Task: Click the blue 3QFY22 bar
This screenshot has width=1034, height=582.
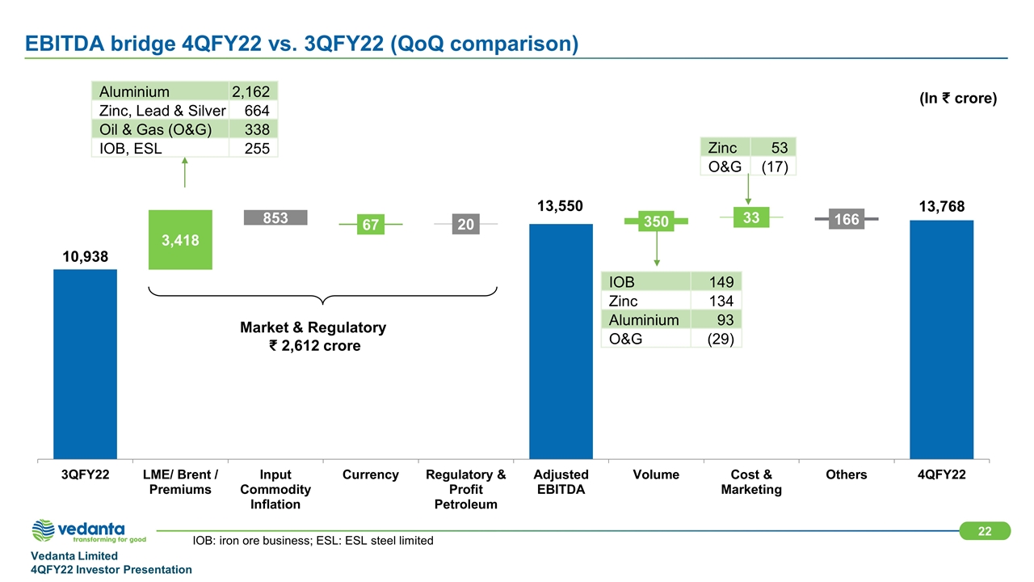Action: point(85,364)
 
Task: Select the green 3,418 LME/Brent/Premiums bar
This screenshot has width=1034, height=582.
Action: point(180,239)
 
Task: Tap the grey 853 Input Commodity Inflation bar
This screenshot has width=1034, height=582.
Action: point(275,217)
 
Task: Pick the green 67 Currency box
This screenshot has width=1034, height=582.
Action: point(371,224)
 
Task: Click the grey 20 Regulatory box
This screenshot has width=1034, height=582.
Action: point(465,224)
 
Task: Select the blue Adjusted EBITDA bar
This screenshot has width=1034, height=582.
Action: point(561,340)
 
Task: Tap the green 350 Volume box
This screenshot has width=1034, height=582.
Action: point(656,221)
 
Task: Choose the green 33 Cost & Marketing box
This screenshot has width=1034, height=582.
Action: point(751,217)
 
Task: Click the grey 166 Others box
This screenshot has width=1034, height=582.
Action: point(847,218)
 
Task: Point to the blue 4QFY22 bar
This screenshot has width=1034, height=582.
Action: point(941,339)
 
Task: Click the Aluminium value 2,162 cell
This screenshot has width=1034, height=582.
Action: point(251,91)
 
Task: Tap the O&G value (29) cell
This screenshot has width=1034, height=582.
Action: point(717,339)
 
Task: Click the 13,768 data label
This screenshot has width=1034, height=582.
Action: point(941,207)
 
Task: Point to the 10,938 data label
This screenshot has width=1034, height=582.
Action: point(85,256)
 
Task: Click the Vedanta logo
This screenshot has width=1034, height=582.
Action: point(89,531)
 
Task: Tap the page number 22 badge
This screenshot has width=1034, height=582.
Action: point(985,530)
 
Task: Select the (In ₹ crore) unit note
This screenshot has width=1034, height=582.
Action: point(957,99)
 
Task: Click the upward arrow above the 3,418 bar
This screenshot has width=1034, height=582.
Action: point(185,172)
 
